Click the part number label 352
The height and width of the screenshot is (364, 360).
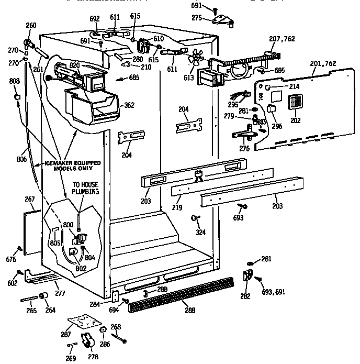pos(129,105)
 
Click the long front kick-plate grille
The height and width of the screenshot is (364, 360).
pos(181,294)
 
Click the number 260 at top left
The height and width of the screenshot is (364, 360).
pos(31,26)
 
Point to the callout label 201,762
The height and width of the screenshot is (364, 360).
pos(322,64)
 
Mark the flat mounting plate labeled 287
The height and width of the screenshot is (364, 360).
pos(80,323)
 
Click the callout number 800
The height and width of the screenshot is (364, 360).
pos(68,224)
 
